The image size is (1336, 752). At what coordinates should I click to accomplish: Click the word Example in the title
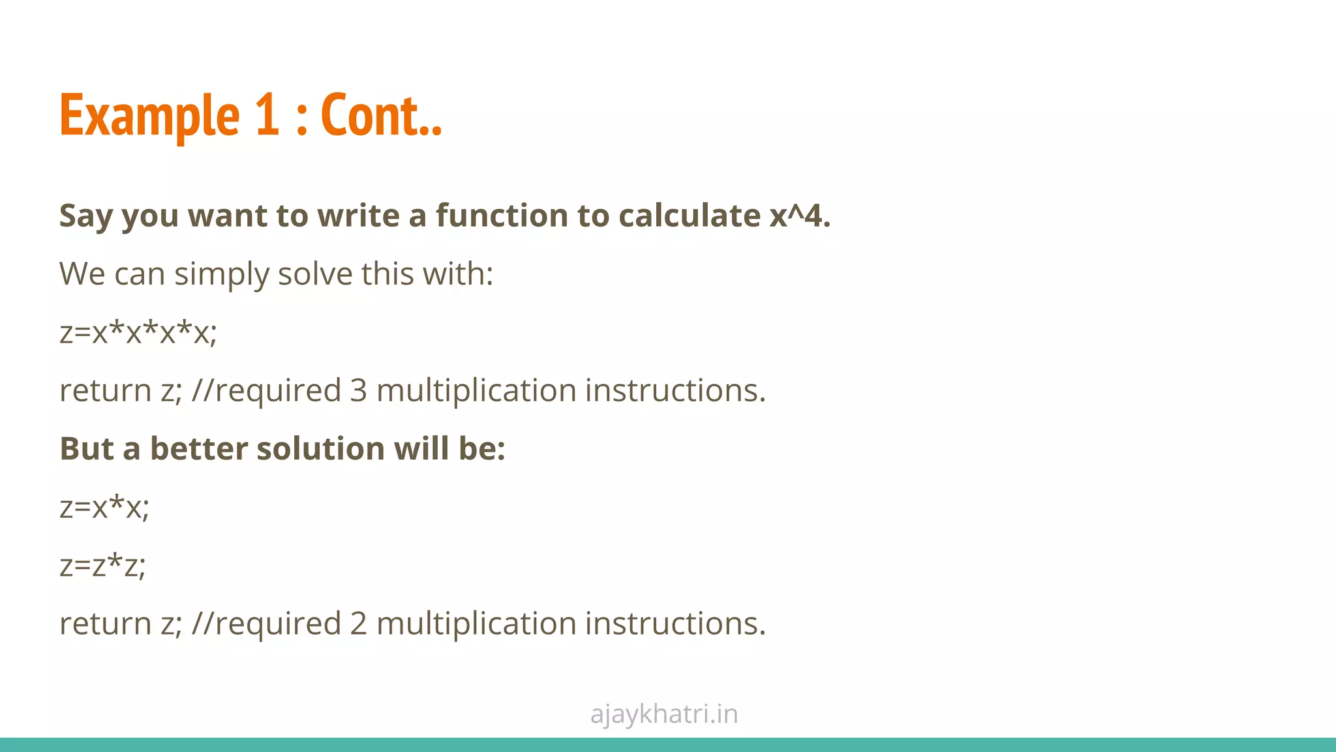pyautogui.click(x=149, y=116)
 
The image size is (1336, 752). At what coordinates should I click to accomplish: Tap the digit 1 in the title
pyautogui.click(x=267, y=116)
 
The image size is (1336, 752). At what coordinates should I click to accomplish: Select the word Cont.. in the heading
pyautogui.click(x=382, y=116)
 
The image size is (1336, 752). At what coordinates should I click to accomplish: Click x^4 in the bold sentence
pyautogui.click(x=800, y=215)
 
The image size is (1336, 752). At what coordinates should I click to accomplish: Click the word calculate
pyautogui.click(x=689, y=215)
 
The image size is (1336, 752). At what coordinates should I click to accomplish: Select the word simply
pyautogui.click(x=221, y=274)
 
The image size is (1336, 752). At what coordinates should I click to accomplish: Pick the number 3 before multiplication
pyautogui.click(x=358, y=390)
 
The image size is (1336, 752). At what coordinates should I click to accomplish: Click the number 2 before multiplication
pyautogui.click(x=358, y=623)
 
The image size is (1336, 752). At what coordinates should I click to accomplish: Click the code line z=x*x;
pyautogui.click(x=104, y=507)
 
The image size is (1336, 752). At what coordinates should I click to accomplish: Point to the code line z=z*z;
pyautogui.click(x=102, y=565)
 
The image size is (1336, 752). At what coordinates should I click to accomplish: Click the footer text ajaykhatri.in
pyautogui.click(x=664, y=714)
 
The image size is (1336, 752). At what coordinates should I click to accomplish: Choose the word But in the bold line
pyautogui.click(x=87, y=448)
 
